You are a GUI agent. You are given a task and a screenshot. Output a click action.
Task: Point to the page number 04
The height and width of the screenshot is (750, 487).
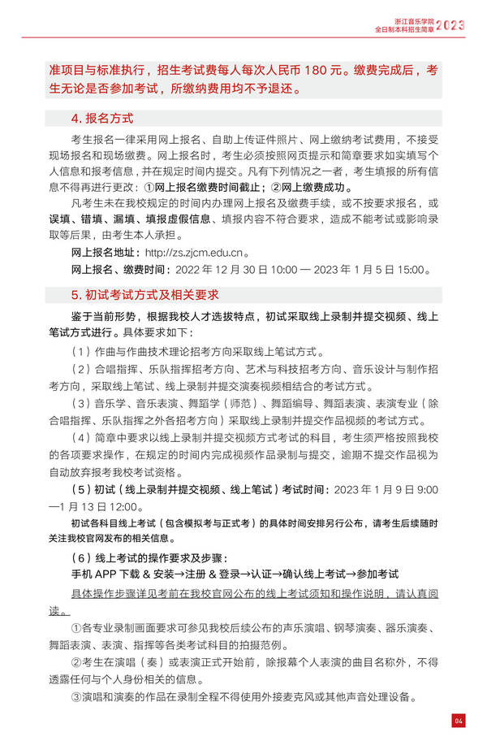point(459,721)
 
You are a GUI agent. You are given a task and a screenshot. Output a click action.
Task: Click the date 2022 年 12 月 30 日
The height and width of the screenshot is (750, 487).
point(213,269)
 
